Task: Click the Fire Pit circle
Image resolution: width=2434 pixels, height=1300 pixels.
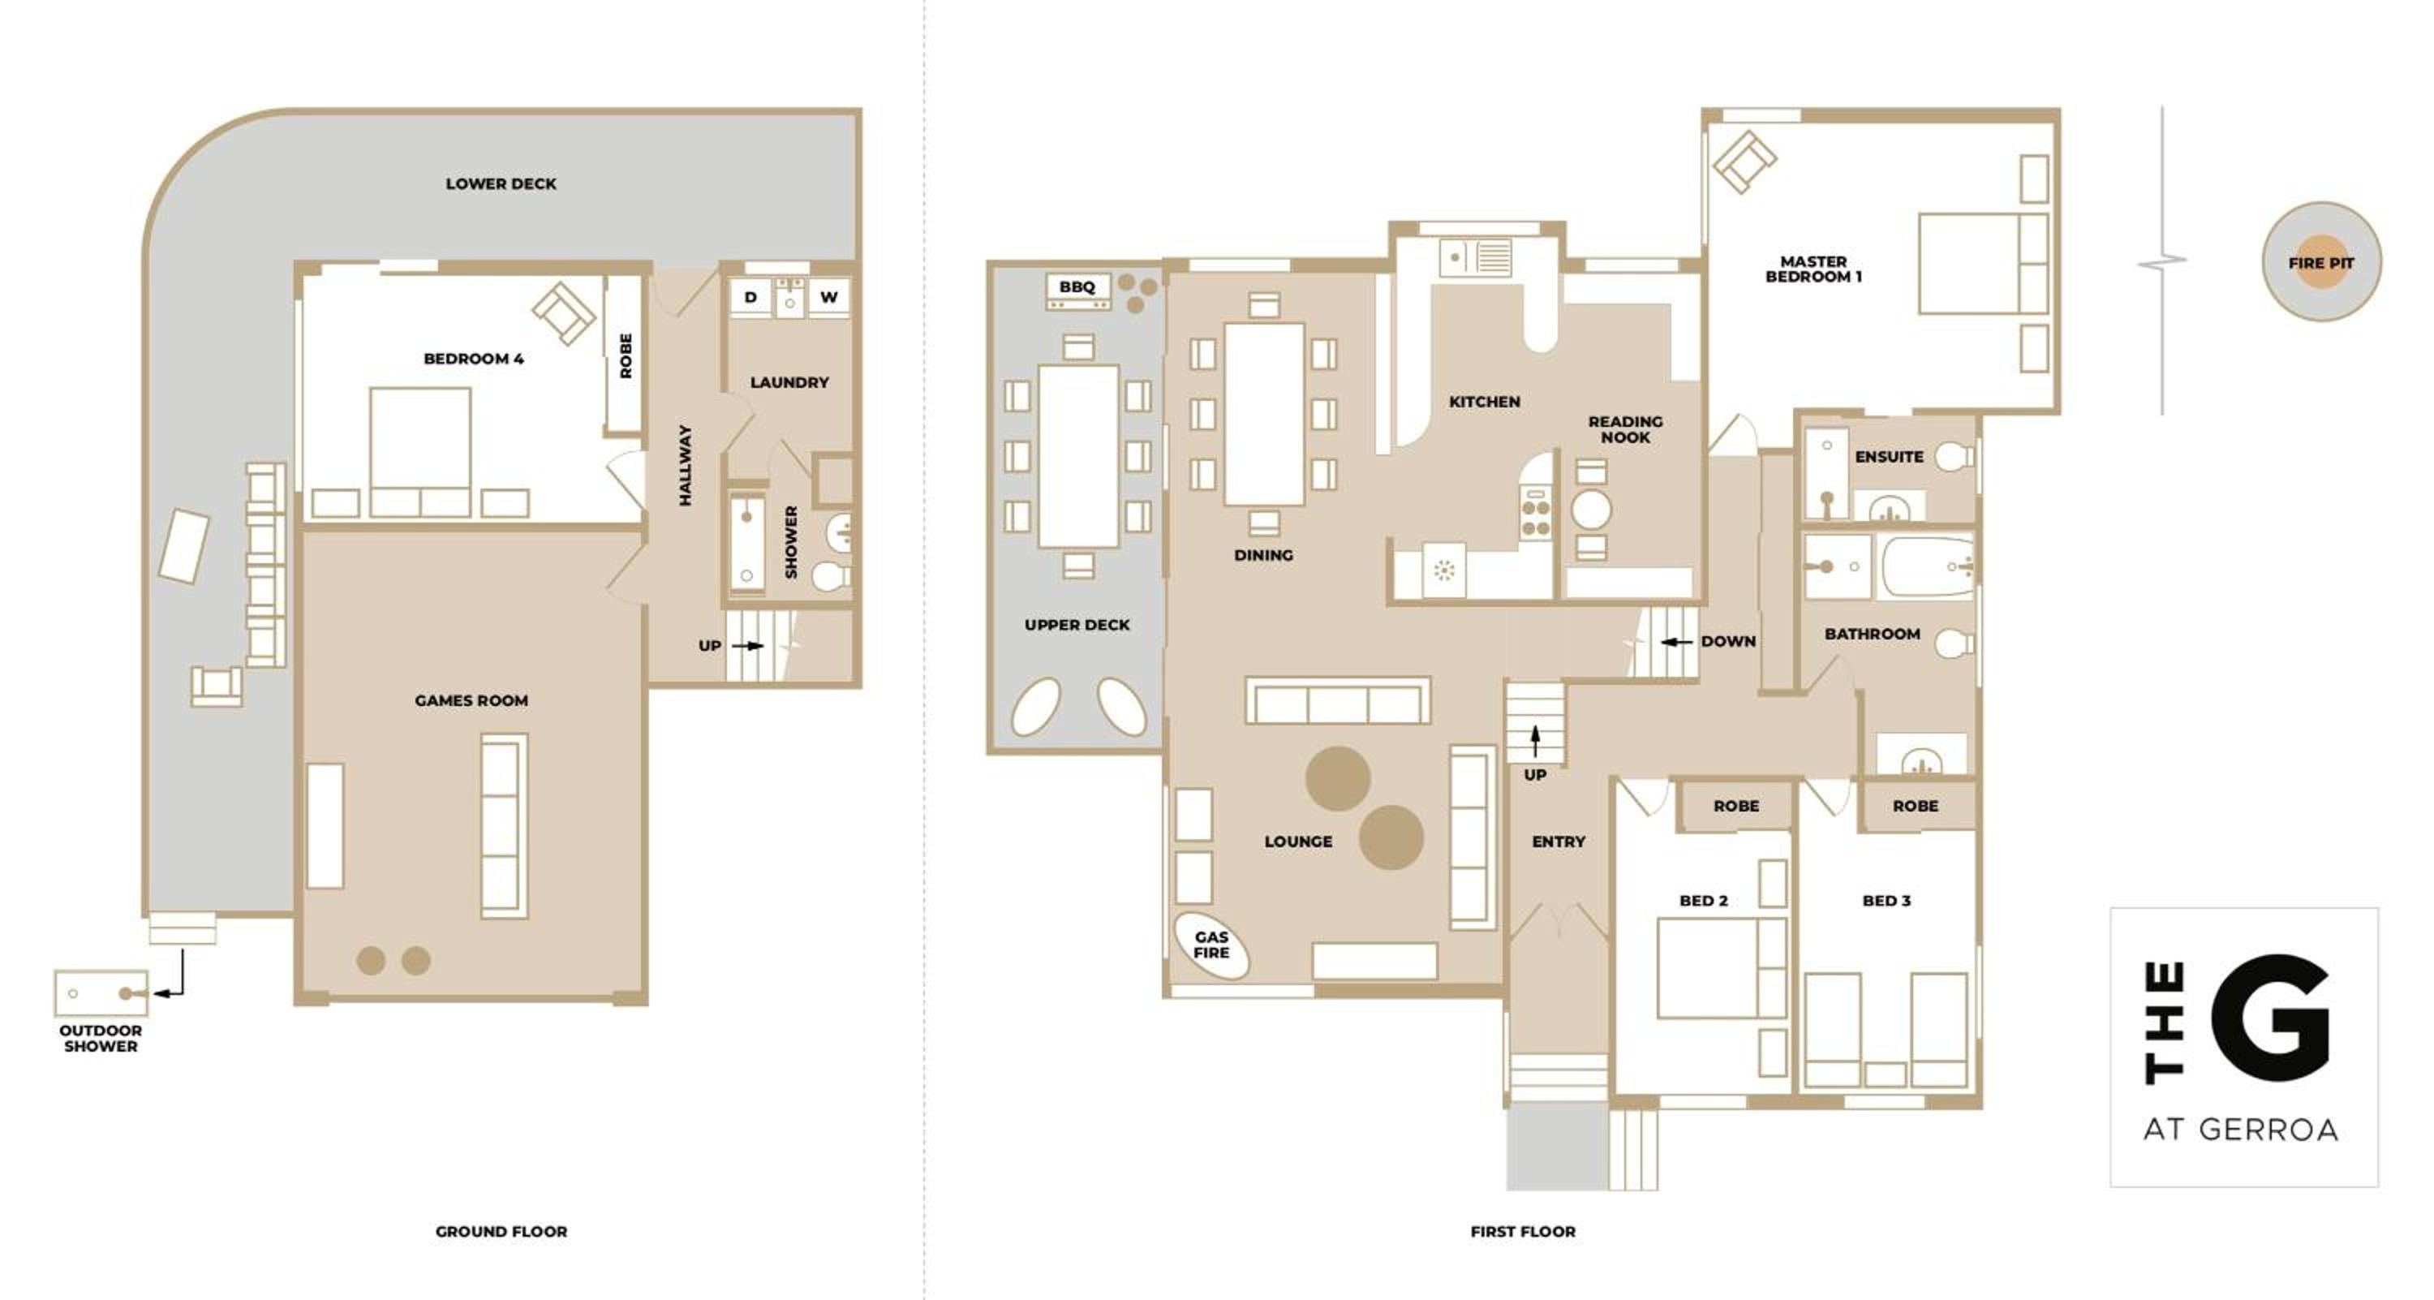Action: (x=2320, y=261)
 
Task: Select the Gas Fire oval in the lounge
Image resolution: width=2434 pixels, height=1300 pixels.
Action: (x=1211, y=945)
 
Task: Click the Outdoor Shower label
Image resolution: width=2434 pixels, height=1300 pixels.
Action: (x=100, y=1039)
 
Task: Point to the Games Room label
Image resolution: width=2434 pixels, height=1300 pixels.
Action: (x=471, y=700)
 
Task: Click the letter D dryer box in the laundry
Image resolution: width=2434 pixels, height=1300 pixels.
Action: (x=750, y=298)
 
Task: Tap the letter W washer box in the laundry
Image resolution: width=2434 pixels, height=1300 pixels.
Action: (x=828, y=298)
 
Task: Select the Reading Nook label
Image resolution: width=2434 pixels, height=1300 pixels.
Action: (x=1625, y=429)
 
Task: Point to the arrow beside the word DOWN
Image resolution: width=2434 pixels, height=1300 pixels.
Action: (x=1676, y=642)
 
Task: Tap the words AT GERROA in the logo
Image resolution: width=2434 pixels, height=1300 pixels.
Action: (x=2240, y=1129)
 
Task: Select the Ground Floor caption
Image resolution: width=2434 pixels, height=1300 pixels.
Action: (x=501, y=1231)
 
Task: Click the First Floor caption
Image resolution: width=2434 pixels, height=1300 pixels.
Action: (x=1522, y=1231)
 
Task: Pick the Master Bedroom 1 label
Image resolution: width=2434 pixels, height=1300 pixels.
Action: (x=1813, y=269)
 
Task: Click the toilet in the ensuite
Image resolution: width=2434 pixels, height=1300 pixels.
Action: (x=1954, y=457)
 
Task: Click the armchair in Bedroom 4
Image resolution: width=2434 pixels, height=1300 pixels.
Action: (x=564, y=312)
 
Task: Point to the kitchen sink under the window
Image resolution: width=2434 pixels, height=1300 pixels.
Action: (x=1476, y=257)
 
